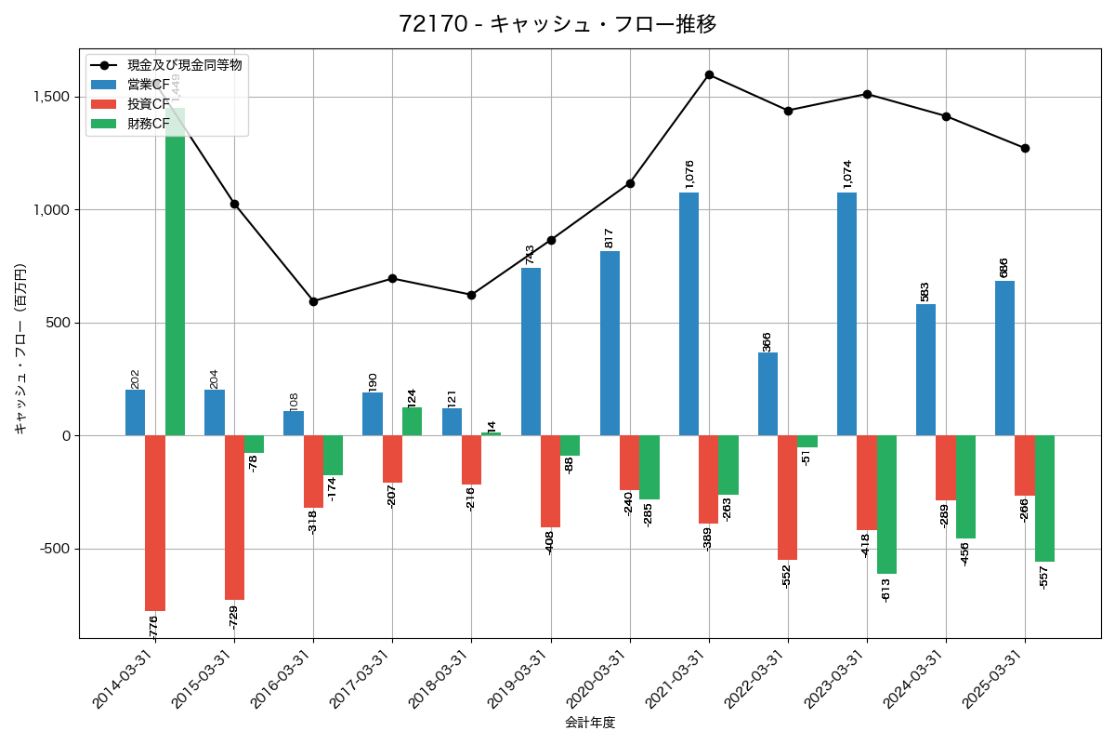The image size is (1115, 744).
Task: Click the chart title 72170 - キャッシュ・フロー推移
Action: tap(557, 24)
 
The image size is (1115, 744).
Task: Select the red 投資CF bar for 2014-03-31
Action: tap(155, 523)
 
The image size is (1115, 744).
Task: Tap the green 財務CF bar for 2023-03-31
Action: tap(886, 504)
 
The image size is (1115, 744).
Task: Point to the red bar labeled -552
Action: tap(788, 498)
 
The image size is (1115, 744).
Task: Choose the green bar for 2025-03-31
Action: tap(1044, 498)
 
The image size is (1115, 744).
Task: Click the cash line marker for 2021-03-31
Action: tap(709, 74)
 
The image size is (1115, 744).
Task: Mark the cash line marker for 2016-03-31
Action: tap(313, 301)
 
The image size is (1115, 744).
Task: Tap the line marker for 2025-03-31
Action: tap(1025, 148)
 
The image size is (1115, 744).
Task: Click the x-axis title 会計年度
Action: tap(590, 723)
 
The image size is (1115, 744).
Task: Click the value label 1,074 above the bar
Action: tap(846, 175)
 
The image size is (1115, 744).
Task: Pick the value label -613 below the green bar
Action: tap(886, 589)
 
